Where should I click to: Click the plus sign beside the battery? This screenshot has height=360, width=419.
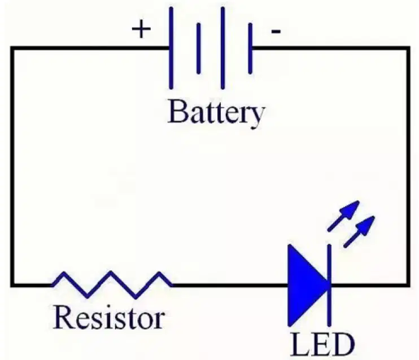[x=141, y=29]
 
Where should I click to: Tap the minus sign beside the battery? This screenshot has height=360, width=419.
[x=276, y=32]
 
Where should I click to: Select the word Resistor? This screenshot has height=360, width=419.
[x=109, y=317]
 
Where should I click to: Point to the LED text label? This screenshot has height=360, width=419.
[x=322, y=345]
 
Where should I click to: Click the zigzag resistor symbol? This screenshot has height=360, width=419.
[x=112, y=285]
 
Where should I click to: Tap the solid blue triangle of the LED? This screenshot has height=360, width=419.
[x=308, y=285]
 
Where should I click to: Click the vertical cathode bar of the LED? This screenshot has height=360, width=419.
[x=329, y=285]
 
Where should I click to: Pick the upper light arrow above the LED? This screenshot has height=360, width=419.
[x=343, y=216]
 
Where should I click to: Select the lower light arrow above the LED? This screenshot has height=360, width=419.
[x=359, y=232]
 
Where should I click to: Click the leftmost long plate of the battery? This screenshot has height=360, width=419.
[x=171, y=48]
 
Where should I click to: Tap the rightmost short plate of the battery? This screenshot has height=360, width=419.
[x=250, y=49]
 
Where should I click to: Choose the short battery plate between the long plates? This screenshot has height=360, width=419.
[x=199, y=49]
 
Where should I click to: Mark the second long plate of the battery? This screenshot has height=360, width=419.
[x=222, y=48]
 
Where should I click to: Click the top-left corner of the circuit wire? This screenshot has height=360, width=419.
[x=12, y=48]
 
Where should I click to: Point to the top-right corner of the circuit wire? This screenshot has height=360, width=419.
[x=408, y=48]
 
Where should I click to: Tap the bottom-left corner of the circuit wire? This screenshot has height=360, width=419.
[x=12, y=285]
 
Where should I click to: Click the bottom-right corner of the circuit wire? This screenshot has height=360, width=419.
[x=408, y=285]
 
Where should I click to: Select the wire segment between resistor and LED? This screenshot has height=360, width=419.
[x=230, y=285]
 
